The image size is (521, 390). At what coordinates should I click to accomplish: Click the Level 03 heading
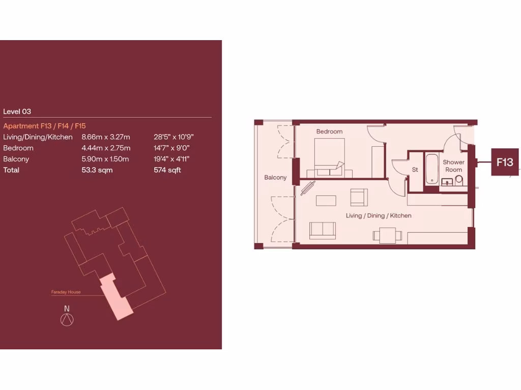click(x=17, y=111)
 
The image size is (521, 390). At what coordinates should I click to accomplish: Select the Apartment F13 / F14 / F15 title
click(x=45, y=126)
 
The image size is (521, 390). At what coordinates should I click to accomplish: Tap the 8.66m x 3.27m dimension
click(x=106, y=137)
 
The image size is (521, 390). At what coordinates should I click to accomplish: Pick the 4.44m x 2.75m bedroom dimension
click(x=106, y=148)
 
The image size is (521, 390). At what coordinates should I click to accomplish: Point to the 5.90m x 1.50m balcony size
click(x=105, y=159)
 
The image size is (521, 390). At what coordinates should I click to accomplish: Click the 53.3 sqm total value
click(x=97, y=170)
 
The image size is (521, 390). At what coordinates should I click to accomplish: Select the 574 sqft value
click(x=167, y=170)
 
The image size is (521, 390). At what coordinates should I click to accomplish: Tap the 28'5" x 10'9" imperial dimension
click(x=173, y=137)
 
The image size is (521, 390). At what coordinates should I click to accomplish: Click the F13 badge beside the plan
click(x=505, y=162)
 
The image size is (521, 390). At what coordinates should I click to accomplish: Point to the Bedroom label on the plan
click(x=329, y=132)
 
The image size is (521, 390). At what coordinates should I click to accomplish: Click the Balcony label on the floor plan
click(x=275, y=178)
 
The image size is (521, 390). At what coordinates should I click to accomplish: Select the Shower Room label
click(x=453, y=166)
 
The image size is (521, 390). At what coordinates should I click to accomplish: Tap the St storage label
click(x=415, y=170)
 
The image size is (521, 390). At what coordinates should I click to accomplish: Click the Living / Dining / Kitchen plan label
click(x=379, y=216)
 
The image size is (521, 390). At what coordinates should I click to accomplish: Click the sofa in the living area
click(x=323, y=230)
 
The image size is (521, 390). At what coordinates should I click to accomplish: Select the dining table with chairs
click(x=387, y=235)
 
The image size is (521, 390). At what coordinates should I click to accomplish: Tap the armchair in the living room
click(x=359, y=197)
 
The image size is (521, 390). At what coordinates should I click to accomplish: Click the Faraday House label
click(x=66, y=292)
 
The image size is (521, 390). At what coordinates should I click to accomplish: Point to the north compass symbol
click(x=67, y=319)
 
